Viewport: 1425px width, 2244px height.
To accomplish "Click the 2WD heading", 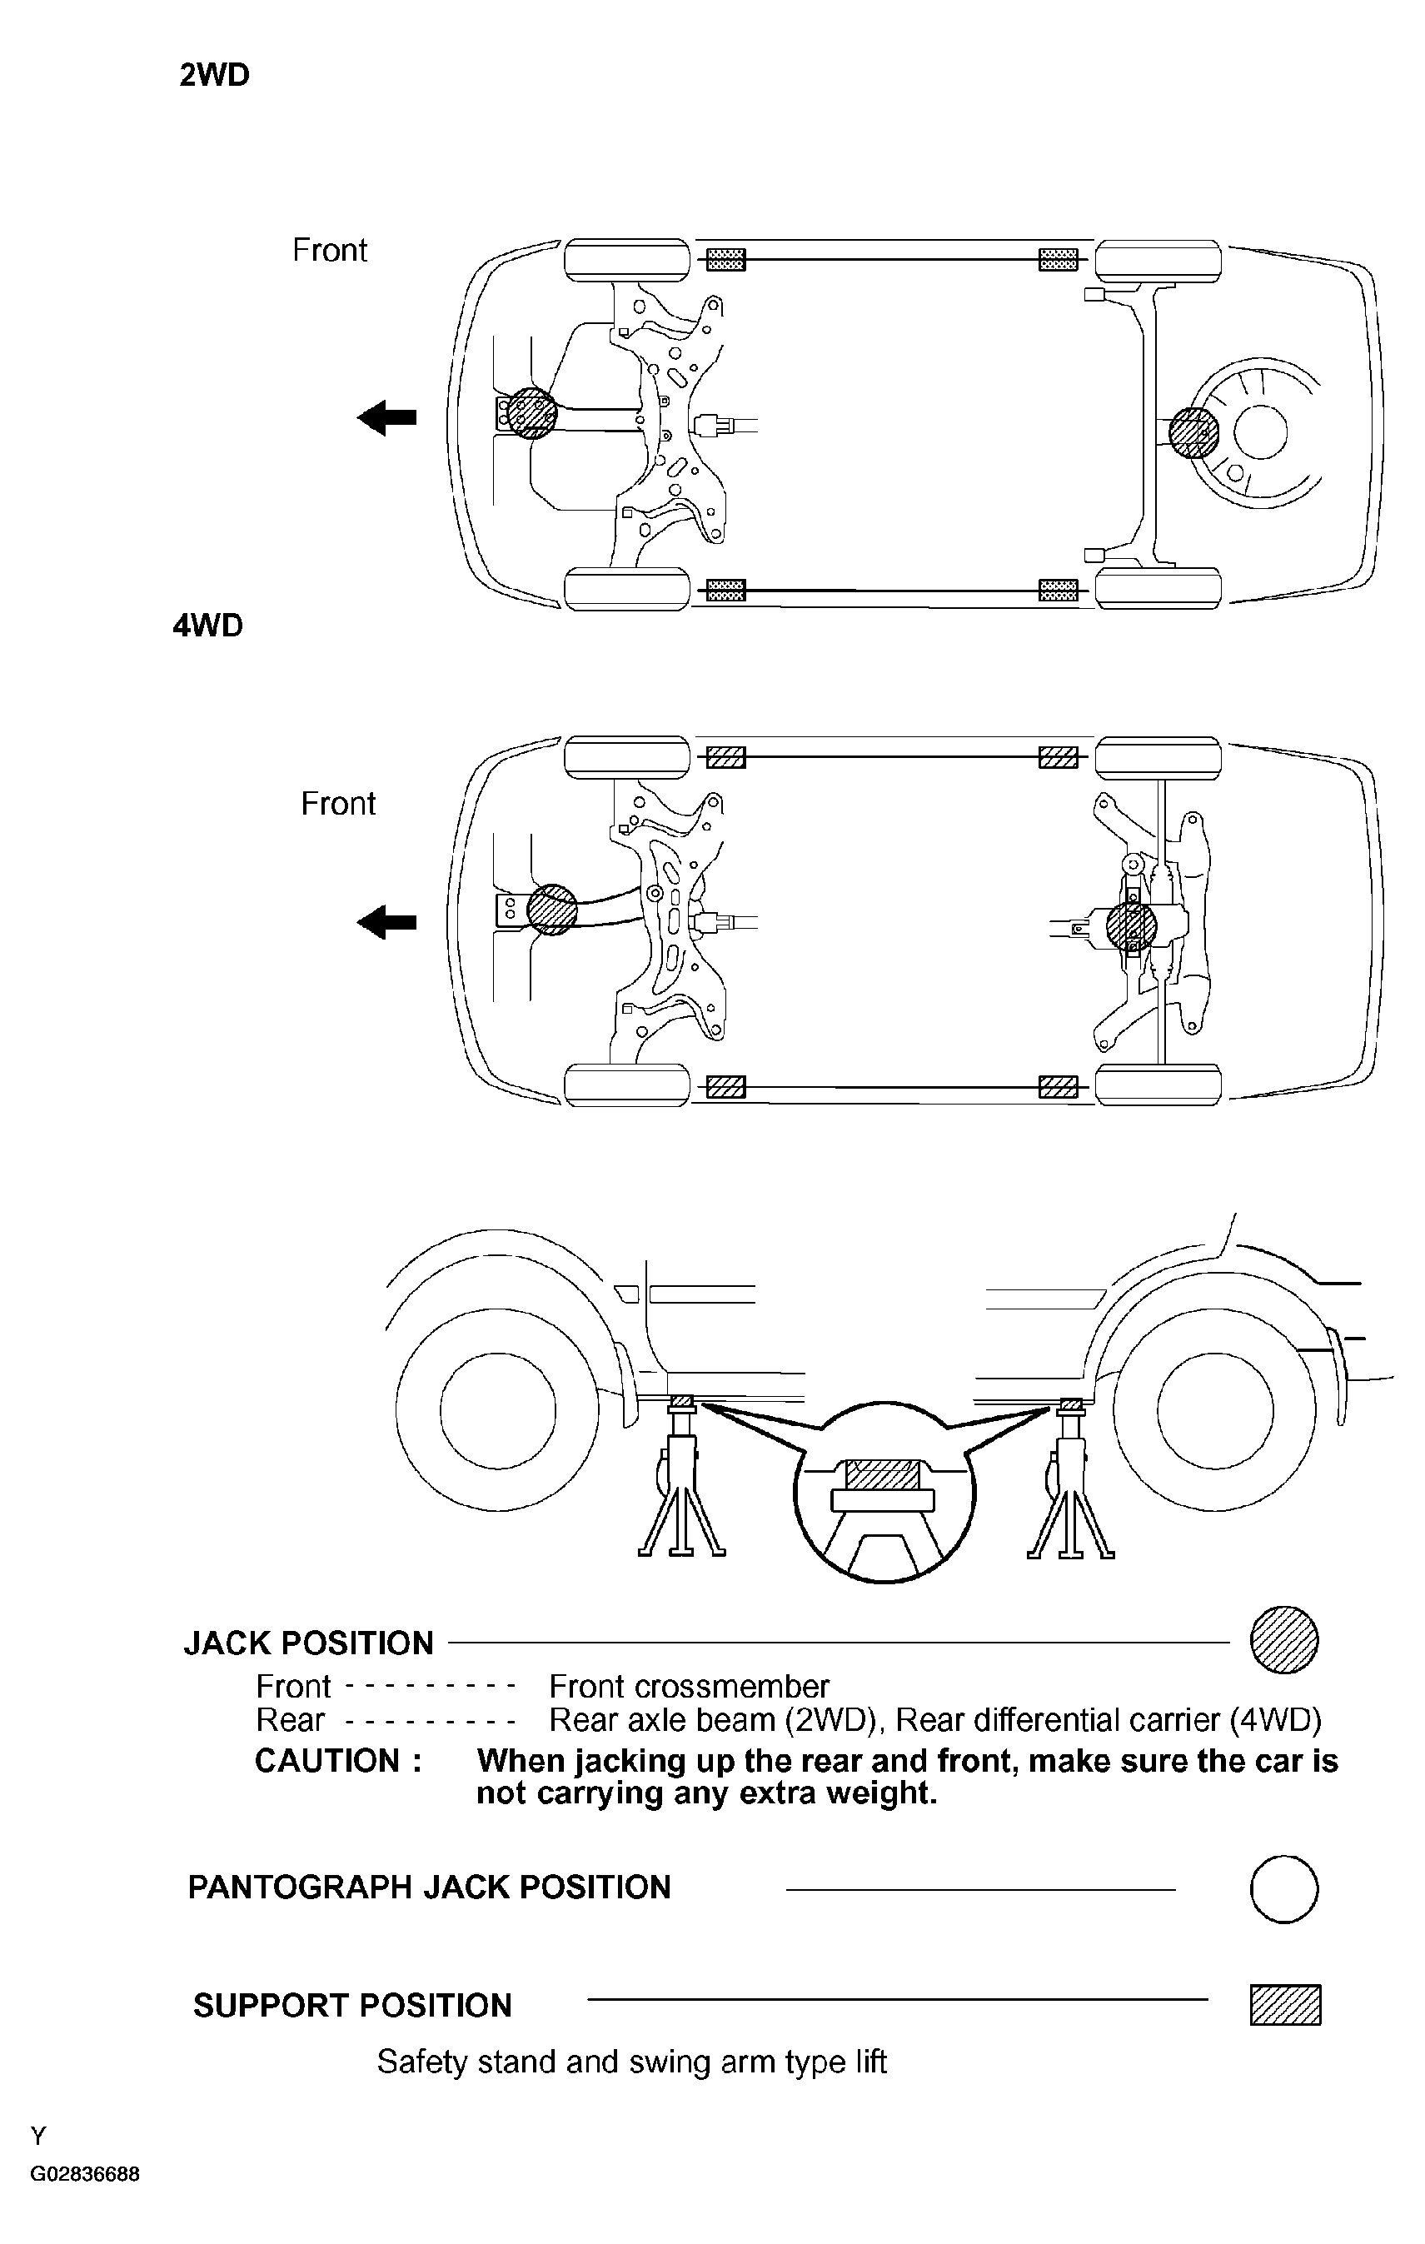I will point(214,75).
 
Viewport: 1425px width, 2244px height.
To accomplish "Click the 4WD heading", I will point(208,625).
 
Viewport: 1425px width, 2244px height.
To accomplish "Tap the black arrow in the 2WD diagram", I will point(386,416).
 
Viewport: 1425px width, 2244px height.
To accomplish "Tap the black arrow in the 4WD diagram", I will point(386,923).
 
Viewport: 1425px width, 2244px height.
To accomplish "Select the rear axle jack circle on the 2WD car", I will point(1193,433).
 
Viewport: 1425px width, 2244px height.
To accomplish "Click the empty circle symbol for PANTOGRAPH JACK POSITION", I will point(1283,1890).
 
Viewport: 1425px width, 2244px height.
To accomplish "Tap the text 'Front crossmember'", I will point(689,1687).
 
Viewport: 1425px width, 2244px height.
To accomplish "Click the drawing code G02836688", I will point(85,2174).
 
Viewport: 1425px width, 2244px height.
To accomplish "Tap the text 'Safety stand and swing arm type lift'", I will point(631,2062).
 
